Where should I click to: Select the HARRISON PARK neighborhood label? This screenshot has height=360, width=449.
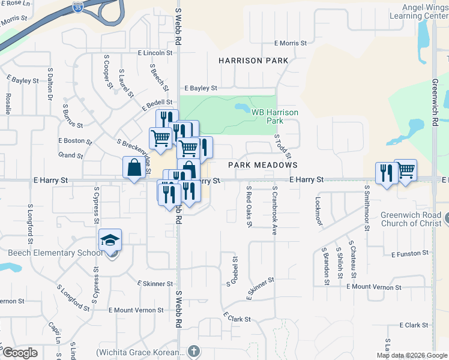point(253,61)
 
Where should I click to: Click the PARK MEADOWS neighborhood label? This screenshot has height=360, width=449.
point(263,164)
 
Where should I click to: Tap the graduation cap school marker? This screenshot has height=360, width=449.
point(110,240)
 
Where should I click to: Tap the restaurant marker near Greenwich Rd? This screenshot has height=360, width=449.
point(386,173)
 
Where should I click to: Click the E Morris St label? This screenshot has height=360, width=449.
point(291,43)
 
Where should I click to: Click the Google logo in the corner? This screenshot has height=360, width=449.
point(20,353)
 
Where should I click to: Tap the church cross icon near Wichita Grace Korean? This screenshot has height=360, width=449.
point(193,350)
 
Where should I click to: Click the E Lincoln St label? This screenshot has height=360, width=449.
point(155,53)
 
